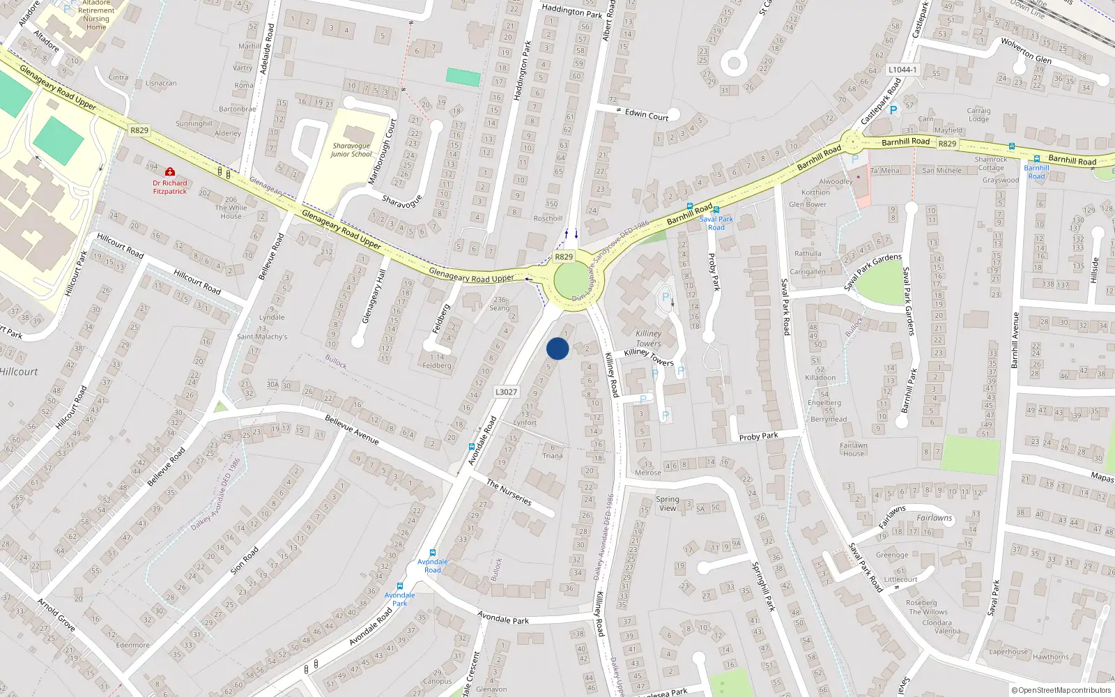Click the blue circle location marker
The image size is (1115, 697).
coord(557,348)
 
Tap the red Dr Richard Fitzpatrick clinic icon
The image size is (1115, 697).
coord(169,171)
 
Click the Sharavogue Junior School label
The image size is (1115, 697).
coord(351,150)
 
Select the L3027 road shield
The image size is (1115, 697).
coord(507,392)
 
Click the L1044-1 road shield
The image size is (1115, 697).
coord(902,70)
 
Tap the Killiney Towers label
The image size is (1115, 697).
coord(648,338)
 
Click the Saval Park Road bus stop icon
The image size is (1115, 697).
coord(716,210)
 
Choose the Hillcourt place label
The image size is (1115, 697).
coord(20,372)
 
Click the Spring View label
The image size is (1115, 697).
coord(667,503)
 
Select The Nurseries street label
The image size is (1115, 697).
coord(509,492)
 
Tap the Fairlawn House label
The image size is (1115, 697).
coord(853,450)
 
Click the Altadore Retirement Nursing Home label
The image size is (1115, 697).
coord(96,15)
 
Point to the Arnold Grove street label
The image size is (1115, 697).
coord(56,614)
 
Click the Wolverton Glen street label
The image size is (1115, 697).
coord(1026,50)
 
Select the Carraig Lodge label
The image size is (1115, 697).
coord(978,114)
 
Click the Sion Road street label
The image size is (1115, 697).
coord(245,560)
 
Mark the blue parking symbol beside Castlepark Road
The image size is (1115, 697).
coord(893,110)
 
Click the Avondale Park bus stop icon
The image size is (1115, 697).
coord(400,586)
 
